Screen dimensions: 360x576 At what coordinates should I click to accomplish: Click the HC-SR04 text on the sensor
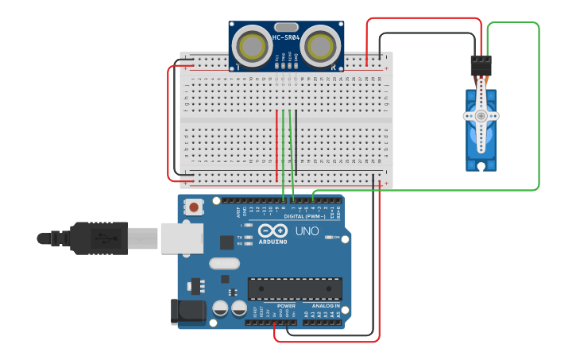pos(286,37)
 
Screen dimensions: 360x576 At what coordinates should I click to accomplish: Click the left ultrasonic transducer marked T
pos(254,45)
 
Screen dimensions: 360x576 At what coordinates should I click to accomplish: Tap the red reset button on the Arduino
pos(193,207)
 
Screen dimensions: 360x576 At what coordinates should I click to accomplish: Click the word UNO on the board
pos(307,231)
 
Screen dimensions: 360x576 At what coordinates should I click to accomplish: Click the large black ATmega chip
pos(295,288)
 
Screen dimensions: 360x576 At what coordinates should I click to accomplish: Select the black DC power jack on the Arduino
pos(188,312)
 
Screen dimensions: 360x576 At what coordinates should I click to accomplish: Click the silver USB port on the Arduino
pos(181,238)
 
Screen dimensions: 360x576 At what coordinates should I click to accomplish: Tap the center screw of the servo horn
pos(481,115)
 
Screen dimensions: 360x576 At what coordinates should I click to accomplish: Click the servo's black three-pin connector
pos(481,64)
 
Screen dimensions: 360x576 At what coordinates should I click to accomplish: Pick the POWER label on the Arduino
pos(286,305)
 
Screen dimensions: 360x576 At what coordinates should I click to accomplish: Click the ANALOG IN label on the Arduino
pos(325,305)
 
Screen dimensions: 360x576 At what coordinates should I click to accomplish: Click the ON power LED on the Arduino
pos(329,238)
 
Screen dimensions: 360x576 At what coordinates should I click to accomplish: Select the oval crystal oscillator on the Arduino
pos(224,263)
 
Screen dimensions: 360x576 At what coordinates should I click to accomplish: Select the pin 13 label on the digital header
pos(251,210)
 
